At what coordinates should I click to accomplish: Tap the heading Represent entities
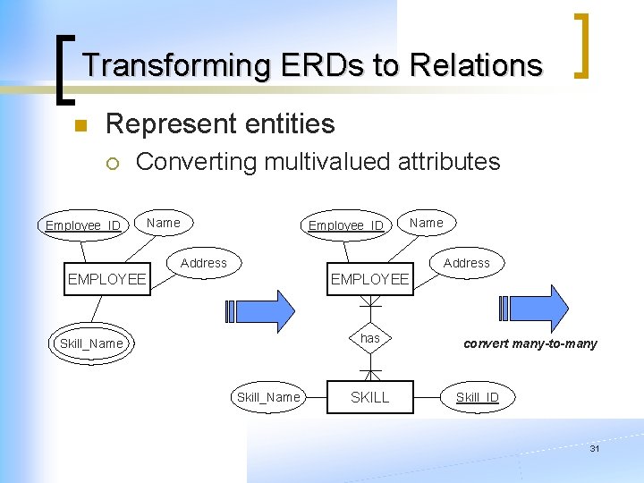[220, 123]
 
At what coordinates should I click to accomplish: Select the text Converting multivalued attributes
[318, 162]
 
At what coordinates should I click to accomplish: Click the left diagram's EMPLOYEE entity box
[106, 279]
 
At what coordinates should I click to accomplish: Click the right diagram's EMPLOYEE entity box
[369, 279]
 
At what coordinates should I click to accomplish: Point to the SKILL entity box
[369, 397]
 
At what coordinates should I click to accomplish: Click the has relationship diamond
[369, 338]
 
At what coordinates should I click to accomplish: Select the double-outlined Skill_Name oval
[90, 343]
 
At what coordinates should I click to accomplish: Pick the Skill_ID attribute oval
[478, 397]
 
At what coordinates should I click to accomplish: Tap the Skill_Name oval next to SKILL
[268, 397]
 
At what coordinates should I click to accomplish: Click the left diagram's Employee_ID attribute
[83, 225]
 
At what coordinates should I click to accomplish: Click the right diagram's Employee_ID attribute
[345, 225]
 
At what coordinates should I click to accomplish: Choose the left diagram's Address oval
[204, 263]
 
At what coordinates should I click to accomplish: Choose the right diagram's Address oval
[466, 263]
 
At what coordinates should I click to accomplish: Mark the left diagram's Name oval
[164, 223]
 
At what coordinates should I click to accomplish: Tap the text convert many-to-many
[530, 343]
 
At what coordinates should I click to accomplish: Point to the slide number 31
[594, 449]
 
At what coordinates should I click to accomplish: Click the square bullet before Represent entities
[80, 126]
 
